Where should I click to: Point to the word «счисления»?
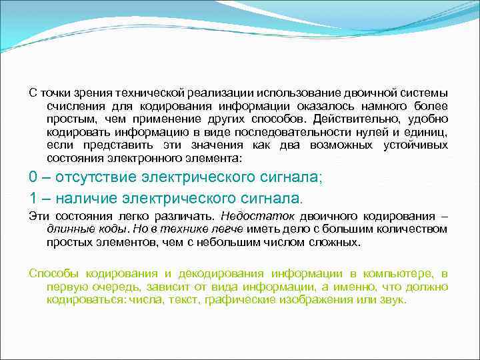(70, 106)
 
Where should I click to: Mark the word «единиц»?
(426, 132)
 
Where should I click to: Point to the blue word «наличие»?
(85, 198)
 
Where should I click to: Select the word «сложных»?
(339, 243)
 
